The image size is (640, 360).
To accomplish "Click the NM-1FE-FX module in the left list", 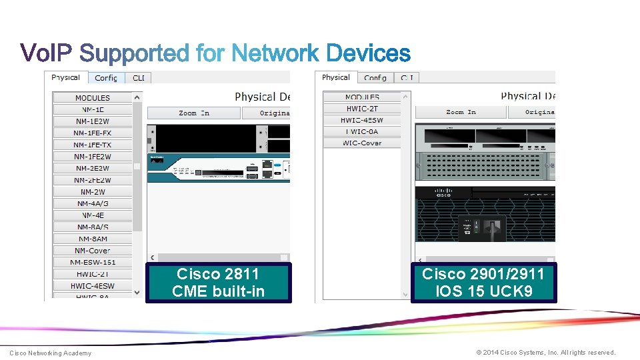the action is tap(93, 133).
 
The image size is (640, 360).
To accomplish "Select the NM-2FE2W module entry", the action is tap(93, 180).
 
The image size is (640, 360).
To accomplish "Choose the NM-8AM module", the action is tap(93, 239).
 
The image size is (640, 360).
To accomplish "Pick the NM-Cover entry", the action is tap(93, 251).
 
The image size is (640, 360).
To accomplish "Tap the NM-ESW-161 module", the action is tap(93, 262).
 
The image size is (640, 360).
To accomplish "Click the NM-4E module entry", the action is tap(93, 215).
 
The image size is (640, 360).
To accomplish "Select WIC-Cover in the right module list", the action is tap(362, 143).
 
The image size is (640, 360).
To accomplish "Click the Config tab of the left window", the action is tap(106, 78).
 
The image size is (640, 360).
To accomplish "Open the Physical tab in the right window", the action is tap(336, 77).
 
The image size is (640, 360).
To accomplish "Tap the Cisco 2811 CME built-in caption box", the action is tap(219, 283).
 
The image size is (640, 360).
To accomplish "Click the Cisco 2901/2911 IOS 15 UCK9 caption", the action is tap(483, 283).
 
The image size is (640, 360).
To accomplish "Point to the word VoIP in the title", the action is tap(48, 53).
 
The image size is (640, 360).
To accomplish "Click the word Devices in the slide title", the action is tap(368, 53).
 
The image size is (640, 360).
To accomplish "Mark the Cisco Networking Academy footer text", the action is tap(51, 353).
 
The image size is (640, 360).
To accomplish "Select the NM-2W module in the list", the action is tap(93, 192).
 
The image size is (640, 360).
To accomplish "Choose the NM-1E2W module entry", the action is tap(93, 121).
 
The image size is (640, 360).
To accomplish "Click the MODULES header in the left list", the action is tap(93, 98).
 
